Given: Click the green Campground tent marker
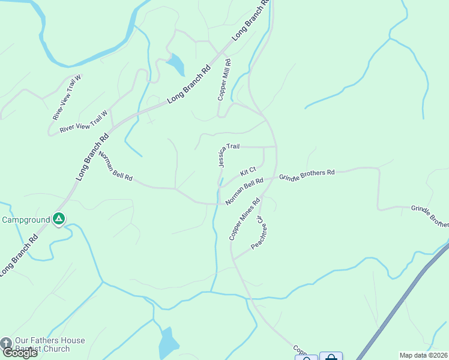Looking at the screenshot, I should [59, 220].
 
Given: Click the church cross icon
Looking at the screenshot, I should [6, 343].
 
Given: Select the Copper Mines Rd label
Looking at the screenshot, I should [244, 219].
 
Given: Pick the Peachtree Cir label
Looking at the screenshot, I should [258, 233].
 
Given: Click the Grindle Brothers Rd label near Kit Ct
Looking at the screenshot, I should [307, 175].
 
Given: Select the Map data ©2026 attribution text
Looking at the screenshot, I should [423, 355].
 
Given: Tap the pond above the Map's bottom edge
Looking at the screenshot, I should [168, 343].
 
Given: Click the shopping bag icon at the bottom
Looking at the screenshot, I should [331, 357].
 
